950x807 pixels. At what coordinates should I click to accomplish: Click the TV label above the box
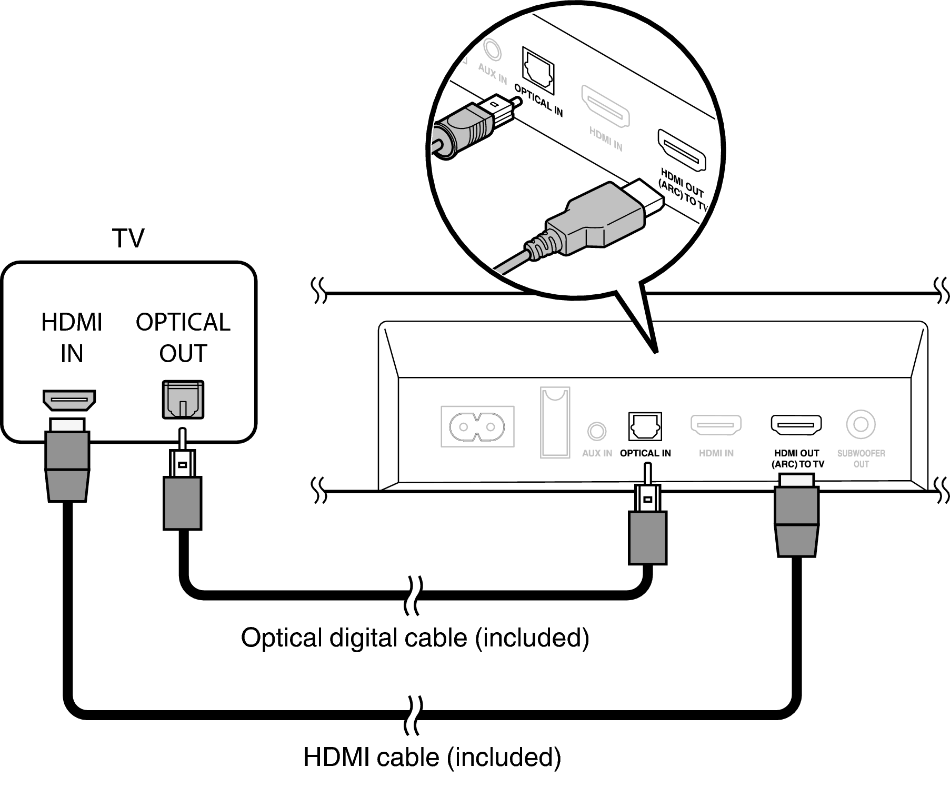click(128, 238)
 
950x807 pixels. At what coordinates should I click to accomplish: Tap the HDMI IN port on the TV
click(69, 401)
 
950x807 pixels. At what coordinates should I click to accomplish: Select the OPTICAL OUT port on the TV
click(183, 400)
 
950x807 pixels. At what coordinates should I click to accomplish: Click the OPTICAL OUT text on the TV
click(183, 337)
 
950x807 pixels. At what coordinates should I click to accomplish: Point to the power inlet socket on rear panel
click(477, 426)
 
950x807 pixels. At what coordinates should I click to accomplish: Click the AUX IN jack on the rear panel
click(596, 431)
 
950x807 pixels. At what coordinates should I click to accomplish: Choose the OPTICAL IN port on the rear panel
click(645, 426)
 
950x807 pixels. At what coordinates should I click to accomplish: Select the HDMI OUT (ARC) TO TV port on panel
click(796, 424)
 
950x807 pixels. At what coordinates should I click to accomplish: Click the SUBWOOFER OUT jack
click(861, 424)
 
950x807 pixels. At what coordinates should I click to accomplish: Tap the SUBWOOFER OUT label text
click(861, 459)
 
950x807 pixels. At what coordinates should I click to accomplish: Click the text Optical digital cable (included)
click(415, 637)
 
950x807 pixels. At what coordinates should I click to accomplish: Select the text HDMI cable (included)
click(432, 757)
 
